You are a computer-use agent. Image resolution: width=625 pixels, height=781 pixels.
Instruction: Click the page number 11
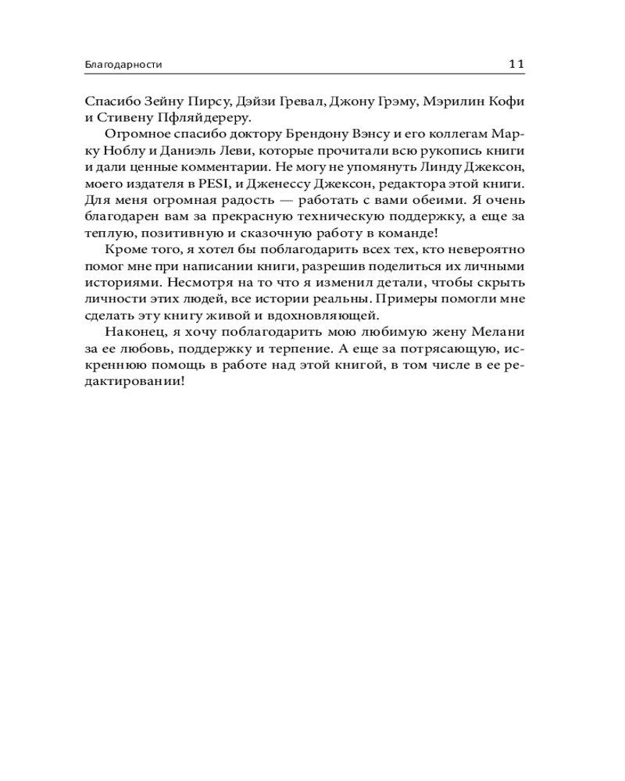(x=516, y=65)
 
